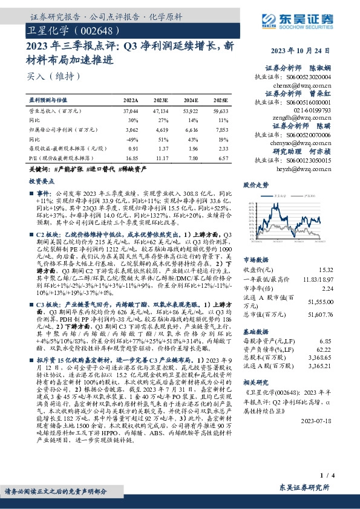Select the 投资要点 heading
42,181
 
